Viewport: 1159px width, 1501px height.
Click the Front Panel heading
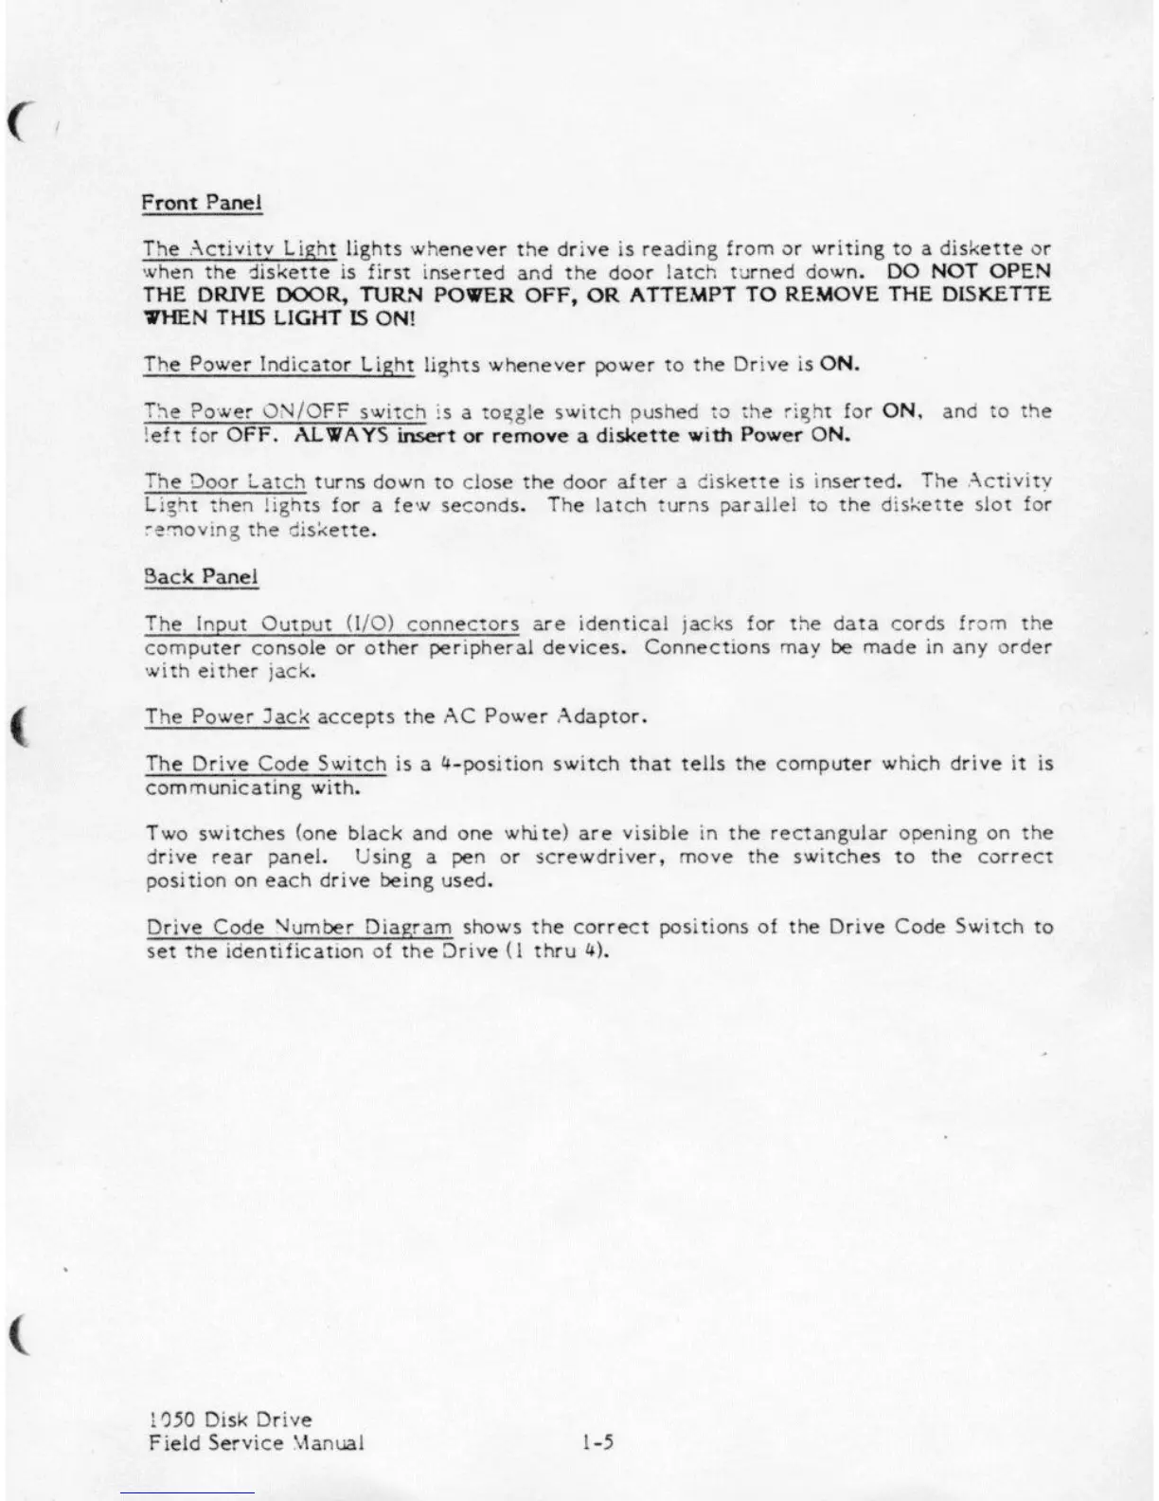[202, 203]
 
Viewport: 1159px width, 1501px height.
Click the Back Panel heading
[201, 576]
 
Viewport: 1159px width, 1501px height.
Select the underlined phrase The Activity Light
[240, 249]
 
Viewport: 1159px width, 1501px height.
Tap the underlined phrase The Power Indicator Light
[279, 365]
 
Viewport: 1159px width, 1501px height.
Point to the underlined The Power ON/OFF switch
[285, 412]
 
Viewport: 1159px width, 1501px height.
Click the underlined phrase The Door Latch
[225, 481]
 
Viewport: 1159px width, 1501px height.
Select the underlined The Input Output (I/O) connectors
[331, 624]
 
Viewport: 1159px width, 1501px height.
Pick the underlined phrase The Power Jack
[227, 716]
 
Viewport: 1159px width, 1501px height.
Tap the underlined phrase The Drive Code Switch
[266, 764]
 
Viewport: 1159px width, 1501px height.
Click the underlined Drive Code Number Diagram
[299, 927]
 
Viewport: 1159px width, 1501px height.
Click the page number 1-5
[598, 1443]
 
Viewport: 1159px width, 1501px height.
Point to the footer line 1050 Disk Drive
[230, 1420]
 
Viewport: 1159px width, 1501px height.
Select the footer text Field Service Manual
[257, 1443]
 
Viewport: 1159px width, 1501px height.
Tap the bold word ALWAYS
[341, 436]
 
